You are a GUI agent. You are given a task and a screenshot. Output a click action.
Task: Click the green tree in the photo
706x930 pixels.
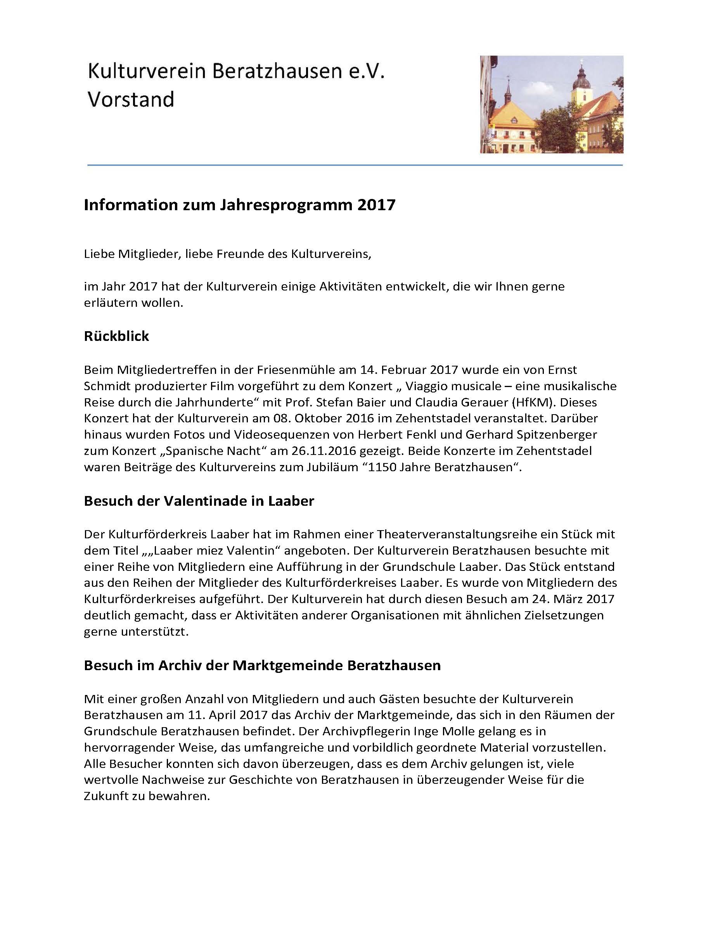[x=559, y=126]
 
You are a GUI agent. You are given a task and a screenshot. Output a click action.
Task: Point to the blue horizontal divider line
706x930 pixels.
[x=355, y=165]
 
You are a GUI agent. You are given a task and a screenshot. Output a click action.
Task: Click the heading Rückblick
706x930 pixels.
[x=116, y=336]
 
